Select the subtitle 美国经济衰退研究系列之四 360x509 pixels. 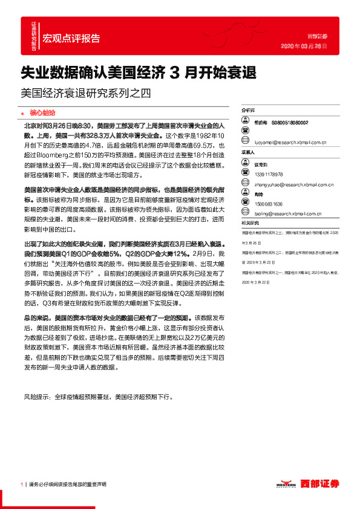(85, 94)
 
